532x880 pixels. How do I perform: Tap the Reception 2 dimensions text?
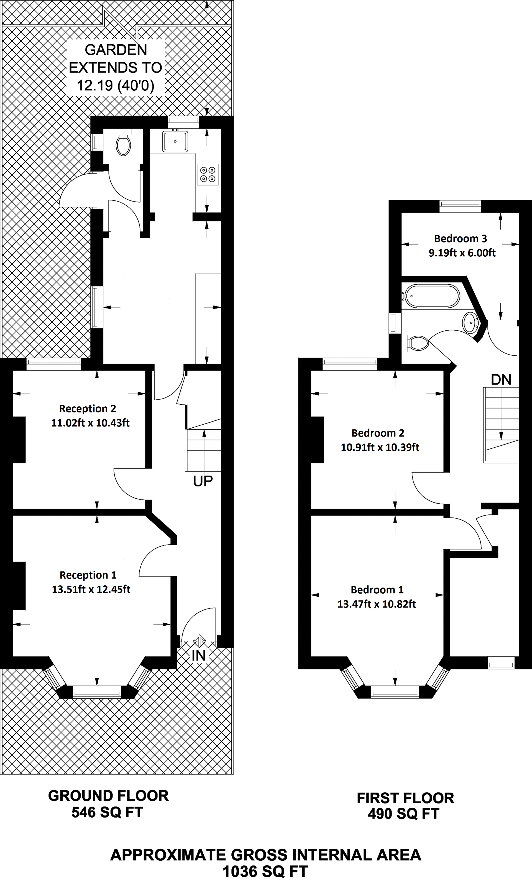pyautogui.click(x=90, y=423)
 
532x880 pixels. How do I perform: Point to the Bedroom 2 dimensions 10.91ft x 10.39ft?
pyautogui.click(x=380, y=447)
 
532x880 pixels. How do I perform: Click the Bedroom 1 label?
pyautogui.click(x=377, y=590)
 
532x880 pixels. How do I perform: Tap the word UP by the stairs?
pyautogui.click(x=203, y=481)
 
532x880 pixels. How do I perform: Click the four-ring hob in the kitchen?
pyautogui.click(x=208, y=175)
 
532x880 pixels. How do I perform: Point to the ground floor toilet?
pyautogui.click(x=124, y=143)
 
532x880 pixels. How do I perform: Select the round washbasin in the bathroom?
pyautogui.click(x=470, y=323)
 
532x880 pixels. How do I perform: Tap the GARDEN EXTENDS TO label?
pyautogui.click(x=115, y=58)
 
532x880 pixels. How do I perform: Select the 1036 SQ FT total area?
pyautogui.click(x=265, y=872)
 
